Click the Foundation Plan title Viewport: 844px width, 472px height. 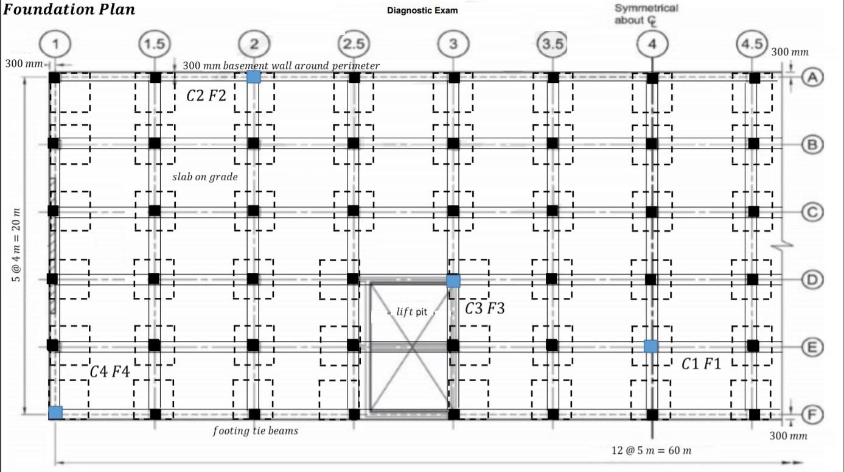69,10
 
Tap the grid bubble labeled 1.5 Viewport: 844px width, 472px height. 154,44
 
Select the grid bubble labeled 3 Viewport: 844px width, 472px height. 453,44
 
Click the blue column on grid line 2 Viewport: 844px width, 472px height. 254,77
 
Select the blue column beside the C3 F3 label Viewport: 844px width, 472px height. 453,281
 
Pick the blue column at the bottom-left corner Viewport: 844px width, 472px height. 55,412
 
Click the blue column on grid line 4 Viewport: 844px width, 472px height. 651,346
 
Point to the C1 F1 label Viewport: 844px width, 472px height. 701,364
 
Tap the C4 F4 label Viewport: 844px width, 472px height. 110,371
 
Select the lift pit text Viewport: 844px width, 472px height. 412,312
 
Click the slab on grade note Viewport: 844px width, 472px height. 205,177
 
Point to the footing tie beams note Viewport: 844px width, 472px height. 255,431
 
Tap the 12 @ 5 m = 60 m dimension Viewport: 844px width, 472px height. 651,451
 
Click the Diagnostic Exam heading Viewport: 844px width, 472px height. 422,10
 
